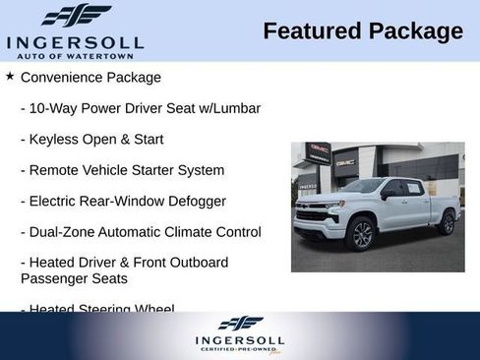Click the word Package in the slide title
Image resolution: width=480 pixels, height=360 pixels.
pyautogui.click(x=415, y=31)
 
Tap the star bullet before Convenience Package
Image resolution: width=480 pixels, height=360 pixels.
pyautogui.click(x=10, y=75)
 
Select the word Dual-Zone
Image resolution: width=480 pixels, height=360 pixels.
pyautogui.click(x=64, y=232)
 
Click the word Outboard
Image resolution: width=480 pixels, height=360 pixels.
pyautogui.click(x=197, y=263)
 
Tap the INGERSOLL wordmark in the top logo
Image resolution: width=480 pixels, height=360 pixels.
pyautogui.click(x=75, y=42)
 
